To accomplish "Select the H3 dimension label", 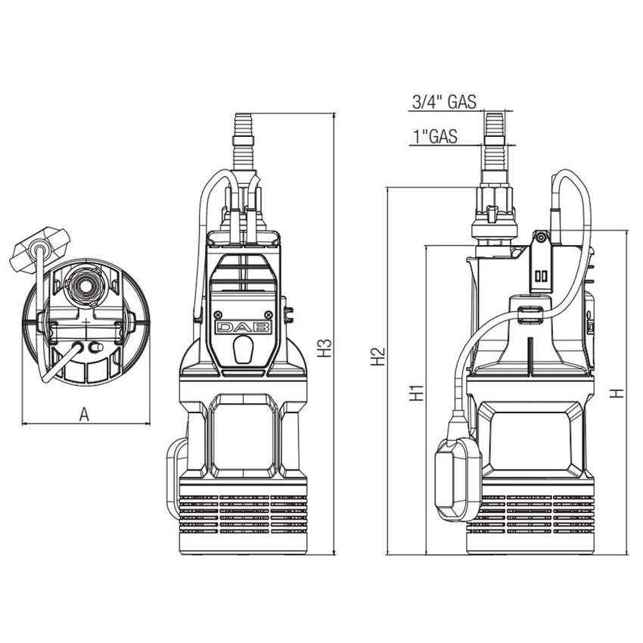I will (325, 347).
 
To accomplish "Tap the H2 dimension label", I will (379, 356).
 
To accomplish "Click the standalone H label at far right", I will (617, 393).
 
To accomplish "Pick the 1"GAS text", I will (436, 136).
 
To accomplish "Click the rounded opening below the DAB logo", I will (243, 350).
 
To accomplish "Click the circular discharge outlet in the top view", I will (79, 284).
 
